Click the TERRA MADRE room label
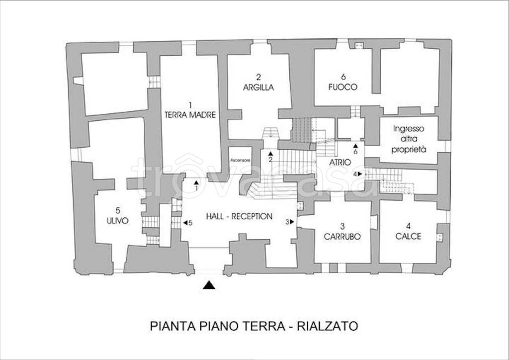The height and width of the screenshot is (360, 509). [190, 114]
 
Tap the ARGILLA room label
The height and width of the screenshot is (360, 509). [258, 87]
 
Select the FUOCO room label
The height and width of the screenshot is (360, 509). [343, 87]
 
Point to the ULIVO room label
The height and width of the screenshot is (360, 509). [117, 221]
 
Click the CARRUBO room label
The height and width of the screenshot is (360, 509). [343, 237]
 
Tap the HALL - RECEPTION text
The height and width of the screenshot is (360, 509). [239, 216]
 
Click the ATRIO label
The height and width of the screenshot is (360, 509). [340, 162]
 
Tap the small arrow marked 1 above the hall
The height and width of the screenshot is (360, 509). [196, 182]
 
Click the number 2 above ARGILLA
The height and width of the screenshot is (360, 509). [258, 77]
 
